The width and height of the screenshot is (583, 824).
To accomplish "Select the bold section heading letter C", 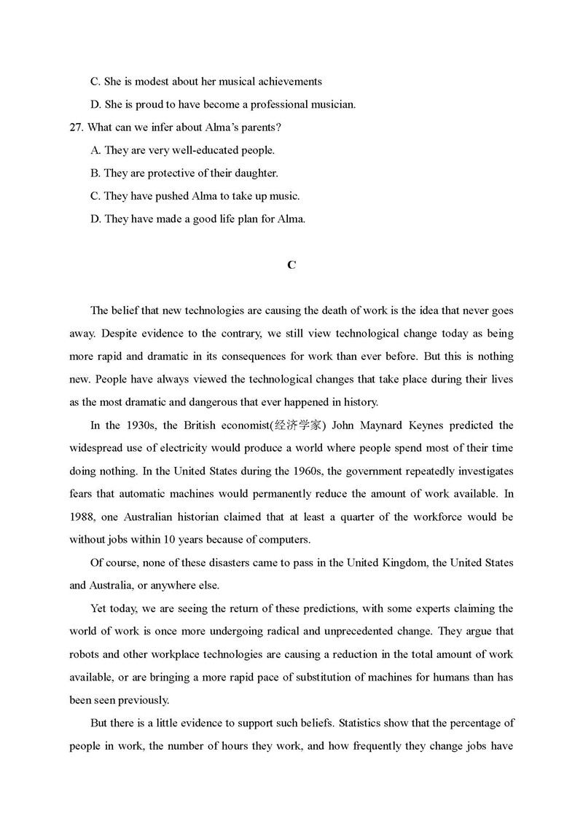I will click(291, 265).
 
